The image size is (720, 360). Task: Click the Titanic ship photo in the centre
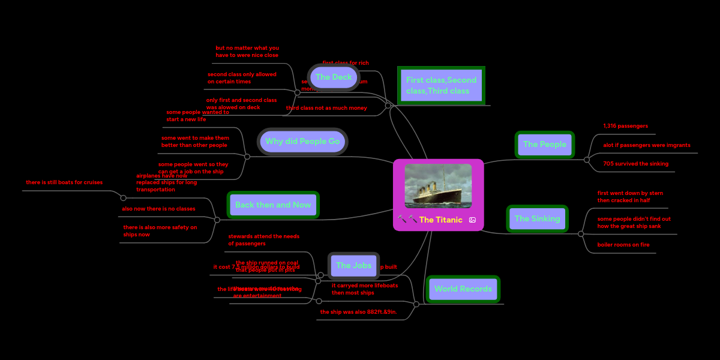pos(438,186)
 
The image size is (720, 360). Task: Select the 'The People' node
pos(544,145)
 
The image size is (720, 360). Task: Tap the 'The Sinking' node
pos(537,219)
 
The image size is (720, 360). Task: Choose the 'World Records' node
pos(463,289)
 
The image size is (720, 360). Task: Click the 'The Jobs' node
pos(353,266)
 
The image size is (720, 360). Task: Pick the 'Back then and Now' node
pos(273,205)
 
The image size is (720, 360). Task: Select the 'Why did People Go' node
pos(302,142)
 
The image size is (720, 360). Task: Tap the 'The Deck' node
pos(334,77)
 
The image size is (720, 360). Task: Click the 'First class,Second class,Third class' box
pos(441,85)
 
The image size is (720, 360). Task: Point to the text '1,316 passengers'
pos(625,127)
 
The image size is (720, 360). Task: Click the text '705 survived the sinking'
pos(635,164)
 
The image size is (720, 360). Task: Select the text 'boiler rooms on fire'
pos(623,245)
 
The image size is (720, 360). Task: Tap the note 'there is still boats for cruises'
pos(64,182)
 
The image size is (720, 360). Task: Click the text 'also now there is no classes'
pos(158,209)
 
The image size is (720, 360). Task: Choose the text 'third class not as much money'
pos(326,108)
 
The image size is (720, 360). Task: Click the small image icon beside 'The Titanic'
pos(472,220)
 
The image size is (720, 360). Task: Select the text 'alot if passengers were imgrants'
pos(647,145)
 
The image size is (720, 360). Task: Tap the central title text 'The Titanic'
pos(440,220)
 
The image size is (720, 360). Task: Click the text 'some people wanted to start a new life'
pos(197,116)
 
